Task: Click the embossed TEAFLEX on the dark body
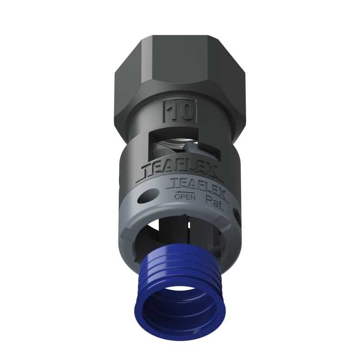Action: [x=180, y=170]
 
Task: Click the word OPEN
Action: [x=184, y=196]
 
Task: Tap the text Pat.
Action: [x=213, y=198]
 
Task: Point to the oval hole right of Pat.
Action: [x=235, y=211]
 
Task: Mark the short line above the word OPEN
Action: [x=184, y=191]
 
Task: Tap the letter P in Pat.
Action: [x=208, y=198]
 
